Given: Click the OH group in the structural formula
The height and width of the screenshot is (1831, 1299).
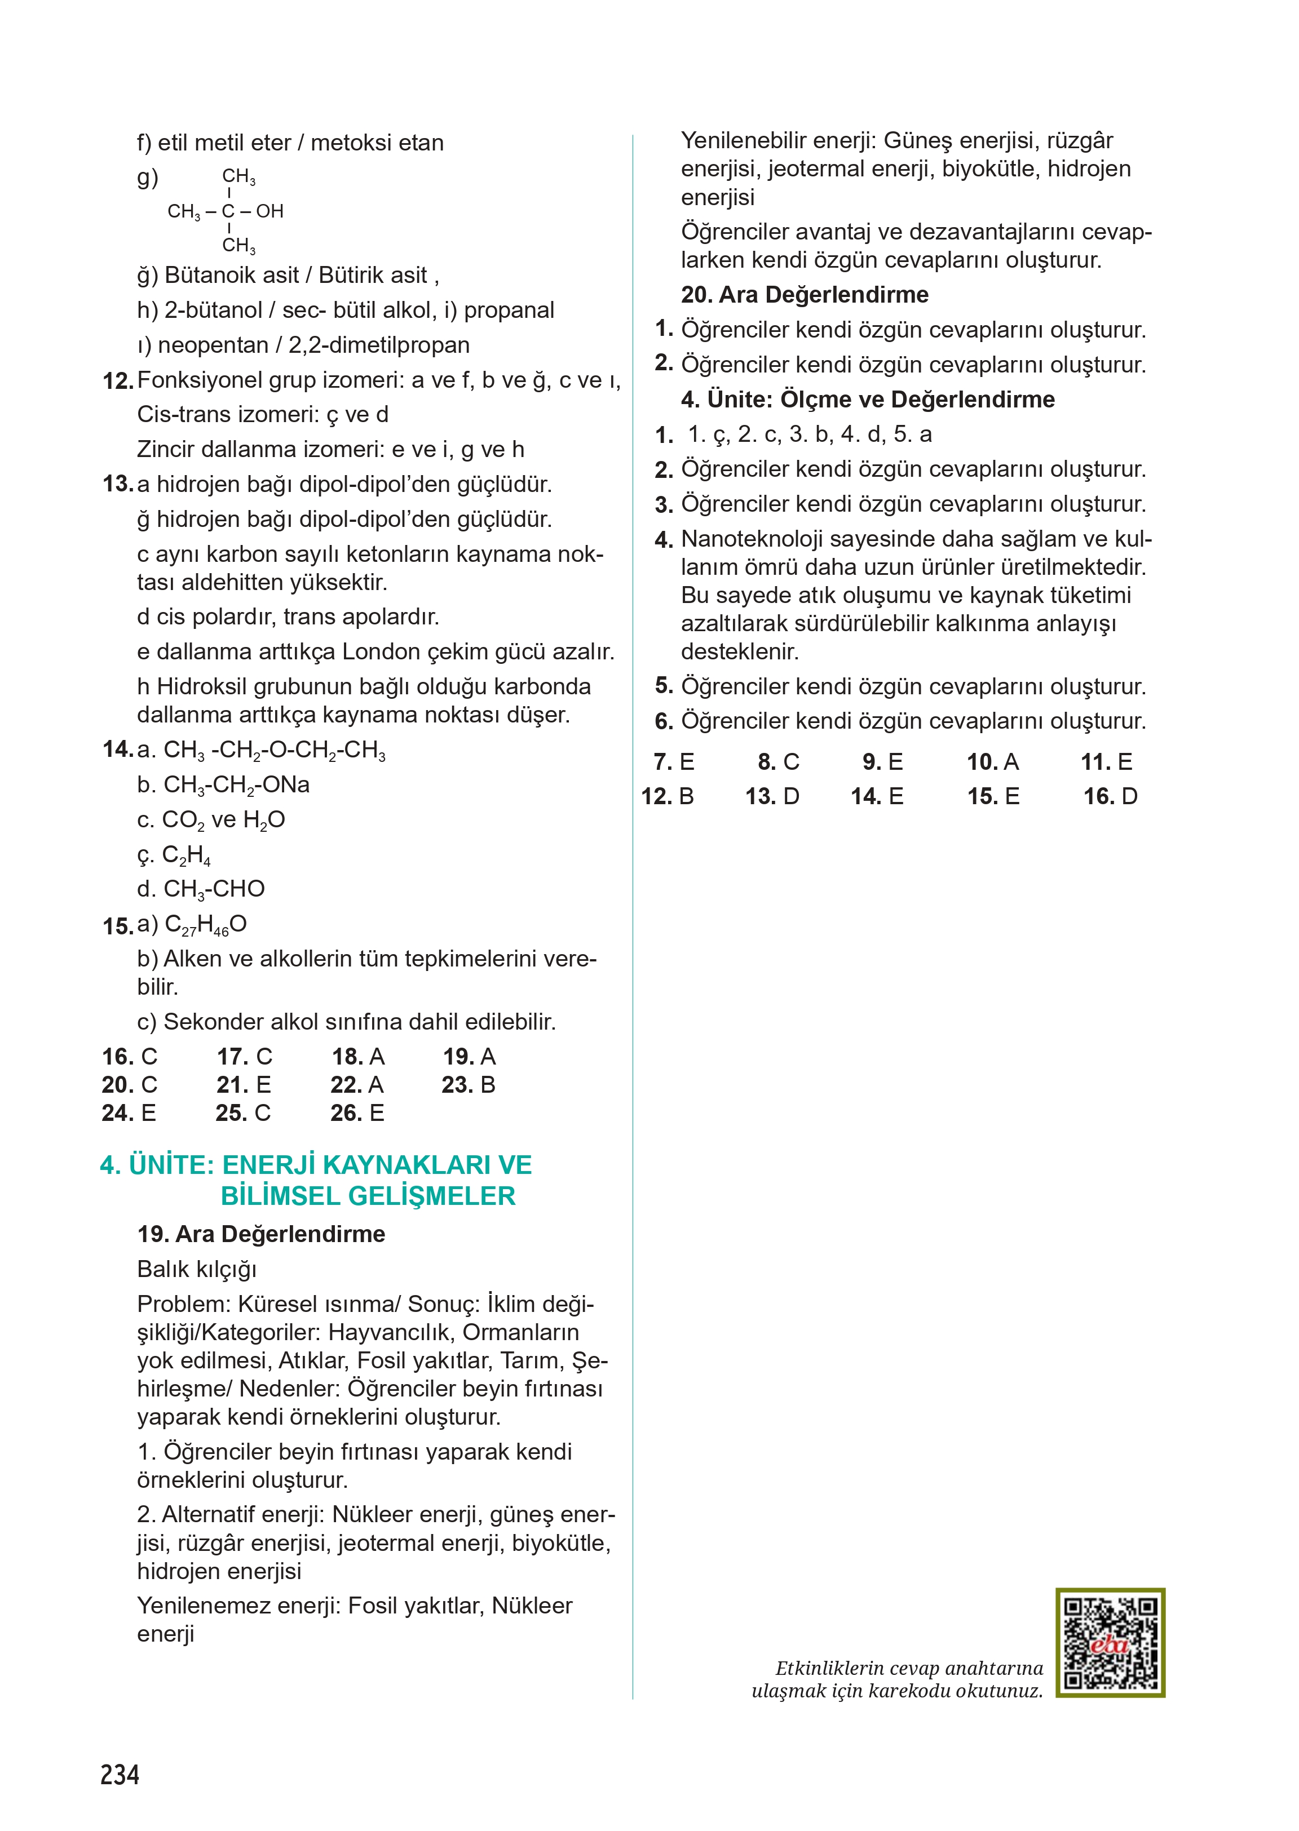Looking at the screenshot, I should (269, 211).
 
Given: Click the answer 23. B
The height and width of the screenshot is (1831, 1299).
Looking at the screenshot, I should (469, 1084).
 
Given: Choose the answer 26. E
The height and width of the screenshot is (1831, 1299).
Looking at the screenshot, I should (357, 1112).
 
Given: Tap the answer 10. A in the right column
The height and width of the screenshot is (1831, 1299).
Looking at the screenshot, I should (993, 761).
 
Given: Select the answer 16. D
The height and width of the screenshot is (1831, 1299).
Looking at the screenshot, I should (1110, 796).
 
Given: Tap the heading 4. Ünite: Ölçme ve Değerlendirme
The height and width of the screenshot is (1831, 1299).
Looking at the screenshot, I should (868, 399).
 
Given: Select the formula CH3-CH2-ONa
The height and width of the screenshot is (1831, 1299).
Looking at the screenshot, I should (236, 785).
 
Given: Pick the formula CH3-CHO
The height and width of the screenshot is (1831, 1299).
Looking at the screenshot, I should (214, 889).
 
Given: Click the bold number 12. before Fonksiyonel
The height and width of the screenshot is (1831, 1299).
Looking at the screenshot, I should (118, 382).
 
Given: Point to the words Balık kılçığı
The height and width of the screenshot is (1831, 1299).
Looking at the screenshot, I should (197, 1269).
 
